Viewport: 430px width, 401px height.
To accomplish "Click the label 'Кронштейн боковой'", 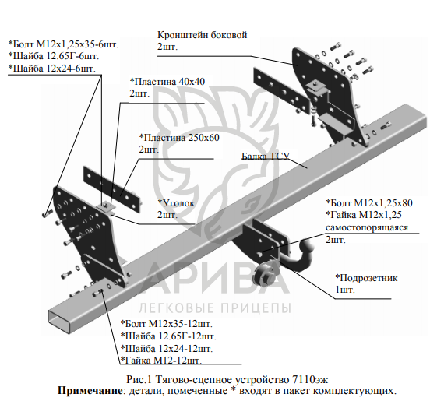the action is click(x=202, y=35).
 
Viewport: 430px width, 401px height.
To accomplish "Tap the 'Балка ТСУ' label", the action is click(x=265, y=156).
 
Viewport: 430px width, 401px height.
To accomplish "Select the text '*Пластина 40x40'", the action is click(x=167, y=82).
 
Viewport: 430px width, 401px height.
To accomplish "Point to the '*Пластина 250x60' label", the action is click(x=179, y=137).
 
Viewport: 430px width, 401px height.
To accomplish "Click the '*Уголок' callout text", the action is click(x=176, y=203).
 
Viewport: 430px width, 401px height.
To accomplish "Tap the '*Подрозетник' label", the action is click(x=366, y=278).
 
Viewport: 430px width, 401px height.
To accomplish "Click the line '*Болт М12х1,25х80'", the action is click(x=369, y=203).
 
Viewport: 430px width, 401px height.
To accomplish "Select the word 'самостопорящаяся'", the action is click(x=367, y=227).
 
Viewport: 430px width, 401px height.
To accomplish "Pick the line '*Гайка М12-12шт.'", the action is click(x=161, y=361).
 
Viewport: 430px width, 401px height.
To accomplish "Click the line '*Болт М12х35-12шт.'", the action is click(x=167, y=324).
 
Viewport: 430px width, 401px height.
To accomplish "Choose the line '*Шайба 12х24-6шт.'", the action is click(x=52, y=68).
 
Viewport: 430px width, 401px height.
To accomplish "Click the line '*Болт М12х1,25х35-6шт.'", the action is click(x=63, y=44).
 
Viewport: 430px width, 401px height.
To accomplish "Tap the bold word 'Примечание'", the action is click(x=90, y=390).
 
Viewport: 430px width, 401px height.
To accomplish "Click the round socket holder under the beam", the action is click(x=266, y=275).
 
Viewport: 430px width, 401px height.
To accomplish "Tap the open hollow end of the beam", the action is click(x=60, y=322).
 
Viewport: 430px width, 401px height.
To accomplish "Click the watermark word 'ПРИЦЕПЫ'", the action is click(x=256, y=308).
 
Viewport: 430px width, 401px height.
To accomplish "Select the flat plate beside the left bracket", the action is click(x=111, y=189).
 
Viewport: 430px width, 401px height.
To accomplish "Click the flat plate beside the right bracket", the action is click(x=282, y=90).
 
